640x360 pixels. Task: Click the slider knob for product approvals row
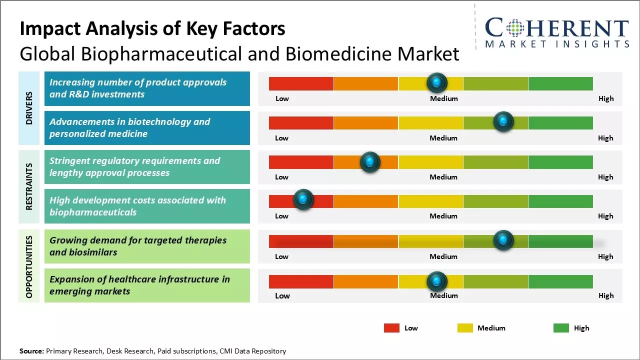click(x=437, y=82)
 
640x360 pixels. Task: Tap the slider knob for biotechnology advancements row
click(x=503, y=122)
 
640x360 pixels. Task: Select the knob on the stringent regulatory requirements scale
click(x=370, y=161)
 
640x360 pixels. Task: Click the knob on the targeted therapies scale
click(x=503, y=240)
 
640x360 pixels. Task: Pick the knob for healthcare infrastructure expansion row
click(x=437, y=281)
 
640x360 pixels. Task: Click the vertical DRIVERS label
click(x=29, y=108)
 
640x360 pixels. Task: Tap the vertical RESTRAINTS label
click(x=29, y=186)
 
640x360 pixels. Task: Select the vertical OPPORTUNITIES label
click(x=29, y=266)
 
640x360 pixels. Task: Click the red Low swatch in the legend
click(x=391, y=328)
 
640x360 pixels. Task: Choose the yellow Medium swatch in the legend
click(x=465, y=328)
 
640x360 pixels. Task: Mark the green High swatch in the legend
click(x=561, y=328)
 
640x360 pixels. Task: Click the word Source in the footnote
click(x=31, y=351)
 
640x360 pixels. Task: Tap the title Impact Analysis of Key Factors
click(x=152, y=29)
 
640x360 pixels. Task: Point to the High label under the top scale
click(x=605, y=98)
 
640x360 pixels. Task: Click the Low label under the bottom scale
click(x=282, y=295)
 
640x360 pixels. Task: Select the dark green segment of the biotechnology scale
click(x=560, y=122)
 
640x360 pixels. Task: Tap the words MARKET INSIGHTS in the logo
click(x=557, y=44)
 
